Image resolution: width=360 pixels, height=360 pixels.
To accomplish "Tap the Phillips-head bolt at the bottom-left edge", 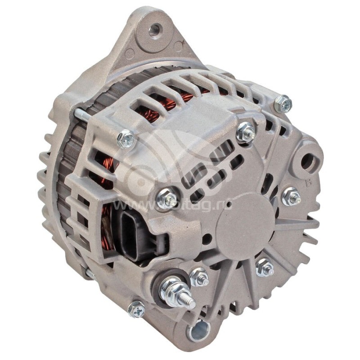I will click(137, 309).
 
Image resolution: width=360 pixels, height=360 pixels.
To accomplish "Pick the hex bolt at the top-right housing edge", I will click(283, 104).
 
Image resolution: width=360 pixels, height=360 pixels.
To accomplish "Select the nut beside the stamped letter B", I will click(291, 196).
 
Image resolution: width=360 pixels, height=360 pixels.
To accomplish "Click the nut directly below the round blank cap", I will click(265, 268).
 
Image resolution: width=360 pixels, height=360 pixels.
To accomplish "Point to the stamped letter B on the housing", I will click(309, 184).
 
